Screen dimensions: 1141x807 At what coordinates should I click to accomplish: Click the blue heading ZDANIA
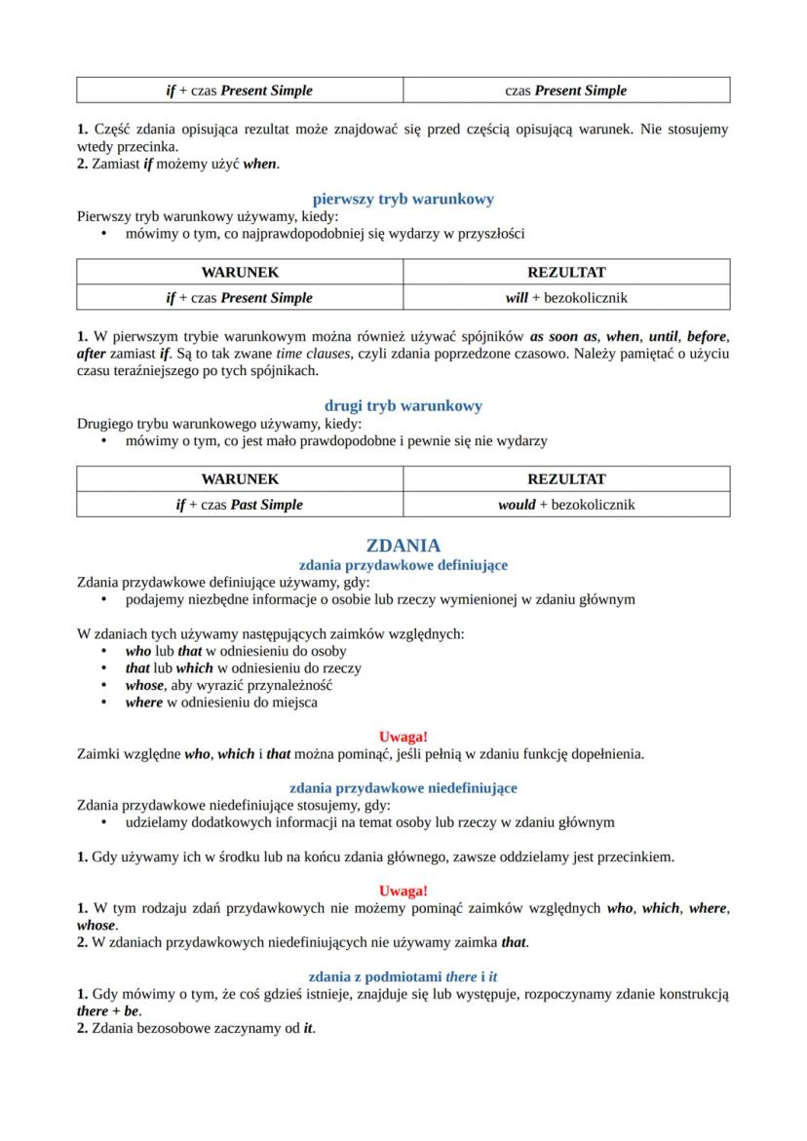click(x=403, y=546)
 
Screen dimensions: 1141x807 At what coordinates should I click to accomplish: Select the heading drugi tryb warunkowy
click(x=403, y=405)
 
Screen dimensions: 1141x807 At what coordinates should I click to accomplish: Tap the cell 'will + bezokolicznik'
click(x=565, y=297)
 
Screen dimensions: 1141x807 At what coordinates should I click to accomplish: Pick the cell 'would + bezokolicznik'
click(x=565, y=505)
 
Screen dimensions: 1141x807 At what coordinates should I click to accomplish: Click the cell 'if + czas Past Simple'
click(x=240, y=505)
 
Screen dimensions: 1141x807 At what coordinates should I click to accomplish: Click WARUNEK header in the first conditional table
click(x=240, y=272)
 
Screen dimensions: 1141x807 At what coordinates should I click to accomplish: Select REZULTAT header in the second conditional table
click(x=565, y=479)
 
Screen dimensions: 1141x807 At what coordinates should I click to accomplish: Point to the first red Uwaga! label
click(x=403, y=736)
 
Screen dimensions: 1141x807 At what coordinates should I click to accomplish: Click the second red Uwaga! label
click(x=403, y=891)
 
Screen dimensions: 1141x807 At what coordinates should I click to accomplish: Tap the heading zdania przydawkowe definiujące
click(x=403, y=564)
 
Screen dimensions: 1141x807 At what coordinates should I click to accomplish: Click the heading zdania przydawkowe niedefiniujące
click(x=403, y=787)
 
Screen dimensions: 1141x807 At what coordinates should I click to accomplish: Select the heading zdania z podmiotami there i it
click(x=403, y=976)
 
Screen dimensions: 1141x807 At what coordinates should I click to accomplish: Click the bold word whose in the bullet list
click(x=144, y=685)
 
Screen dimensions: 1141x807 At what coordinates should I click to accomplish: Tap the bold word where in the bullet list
click(x=143, y=702)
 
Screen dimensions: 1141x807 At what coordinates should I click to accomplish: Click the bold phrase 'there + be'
click(x=95, y=1011)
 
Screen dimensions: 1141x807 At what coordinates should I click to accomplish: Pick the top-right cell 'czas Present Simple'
click(x=565, y=91)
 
